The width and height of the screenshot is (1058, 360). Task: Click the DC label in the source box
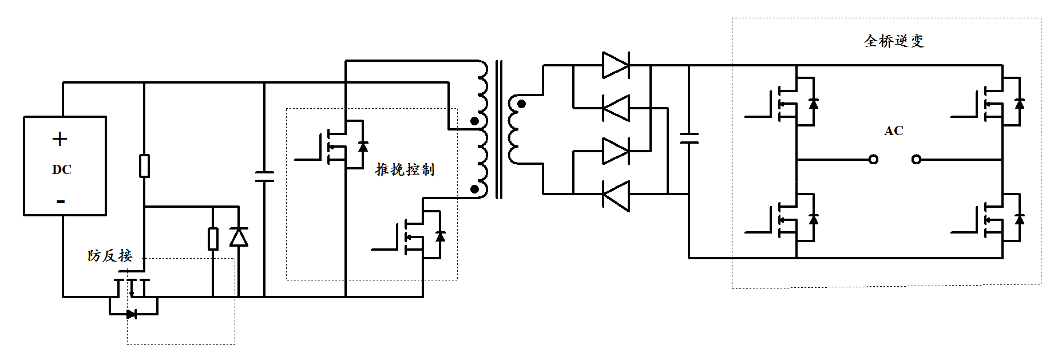pyautogui.click(x=61, y=169)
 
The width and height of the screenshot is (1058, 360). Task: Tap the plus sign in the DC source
pyautogui.click(x=60, y=139)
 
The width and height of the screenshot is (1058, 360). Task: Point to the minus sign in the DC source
pyautogui.click(x=61, y=201)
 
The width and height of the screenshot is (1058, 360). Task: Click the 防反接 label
pyautogui.click(x=110, y=255)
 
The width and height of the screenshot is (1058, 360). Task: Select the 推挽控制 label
pyautogui.click(x=405, y=169)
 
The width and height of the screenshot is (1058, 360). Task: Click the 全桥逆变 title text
pyautogui.click(x=893, y=41)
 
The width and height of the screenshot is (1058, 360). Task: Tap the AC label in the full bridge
pyautogui.click(x=893, y=131)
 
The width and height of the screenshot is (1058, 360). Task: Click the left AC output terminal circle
pyautogui.click(x=873, y=160)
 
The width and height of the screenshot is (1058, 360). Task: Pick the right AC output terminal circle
pyautogui.click(x=916, y=160)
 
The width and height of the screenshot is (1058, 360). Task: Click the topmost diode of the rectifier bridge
pyautogui.click(x=616, y=65)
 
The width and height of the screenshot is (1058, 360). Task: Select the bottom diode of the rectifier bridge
pyautogui.click(x=616, y=195)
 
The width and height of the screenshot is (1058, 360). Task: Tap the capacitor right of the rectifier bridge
pyautogui.click(x=689, y=138)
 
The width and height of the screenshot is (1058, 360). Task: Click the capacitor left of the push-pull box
pyautogui.click(x=264, y=177)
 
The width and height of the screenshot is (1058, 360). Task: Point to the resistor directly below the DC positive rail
pyautogui.click(x=145, y=166)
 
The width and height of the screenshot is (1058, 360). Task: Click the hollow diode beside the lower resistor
pyautogui.click(x=239, y=236)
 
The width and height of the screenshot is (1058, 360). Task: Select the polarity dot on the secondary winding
pyautogui.click(x=521, y=104)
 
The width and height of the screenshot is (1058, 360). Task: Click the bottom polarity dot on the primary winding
pyautogui.click(x=474, y=189)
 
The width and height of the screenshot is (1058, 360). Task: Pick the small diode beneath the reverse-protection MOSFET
pyautogui.click(x=132, y=314)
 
